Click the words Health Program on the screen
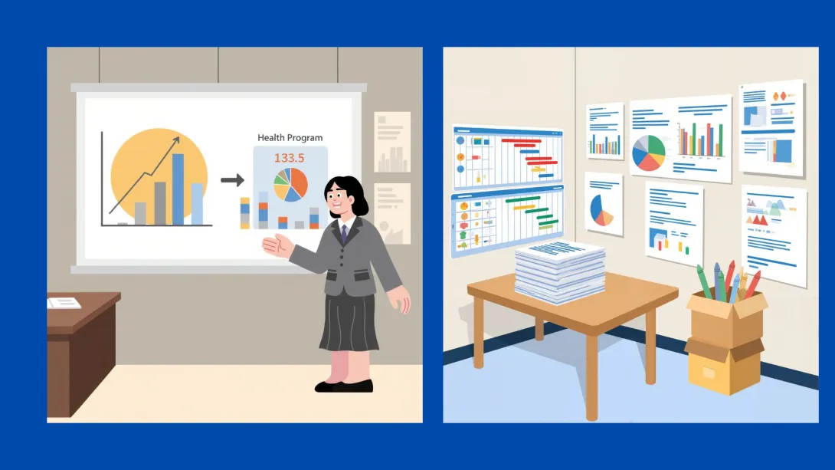tap(290, 138)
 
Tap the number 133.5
tap(290, 159)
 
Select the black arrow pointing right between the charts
tap(232, 180)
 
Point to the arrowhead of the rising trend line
tap(177, 140)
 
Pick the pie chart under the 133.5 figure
tap(290, 186)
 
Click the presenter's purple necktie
tap(344, 232)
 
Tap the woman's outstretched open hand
tap(275, 245)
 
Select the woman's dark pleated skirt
tap(349, 322)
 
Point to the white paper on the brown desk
tap(64, 303)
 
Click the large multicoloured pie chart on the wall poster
tap(648, 153)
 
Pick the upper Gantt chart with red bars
tap(506, 158)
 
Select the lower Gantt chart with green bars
tap(506, 221)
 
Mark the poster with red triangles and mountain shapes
tap(773, 217)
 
